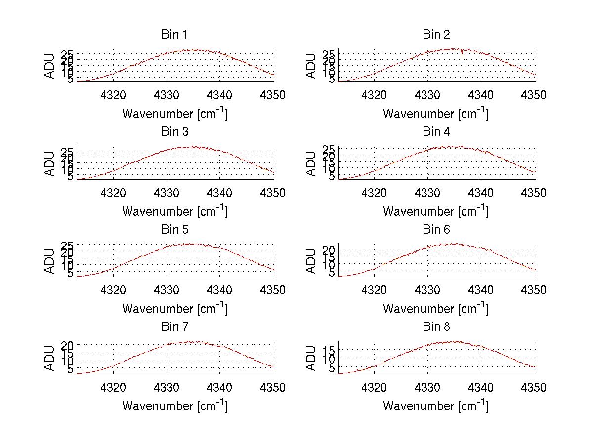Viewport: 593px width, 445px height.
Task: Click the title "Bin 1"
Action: pos(174,35)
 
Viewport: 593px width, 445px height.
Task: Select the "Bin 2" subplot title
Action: pos(436,35)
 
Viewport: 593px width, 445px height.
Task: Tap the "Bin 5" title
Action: pos(174,230)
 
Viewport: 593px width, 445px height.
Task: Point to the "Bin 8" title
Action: pos(436,327)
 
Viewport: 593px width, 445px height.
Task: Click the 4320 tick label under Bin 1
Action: pos(114,95)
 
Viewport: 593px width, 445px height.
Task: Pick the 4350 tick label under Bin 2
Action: pos(534,95)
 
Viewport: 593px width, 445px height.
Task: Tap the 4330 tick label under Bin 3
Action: pos(167,193)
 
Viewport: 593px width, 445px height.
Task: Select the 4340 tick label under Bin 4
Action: pos(481,193)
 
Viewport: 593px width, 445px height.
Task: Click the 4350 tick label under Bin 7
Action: pos(273,388)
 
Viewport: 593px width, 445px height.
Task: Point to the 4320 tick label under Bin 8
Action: pos(375,388)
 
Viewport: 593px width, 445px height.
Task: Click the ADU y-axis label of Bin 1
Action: pos(50,66)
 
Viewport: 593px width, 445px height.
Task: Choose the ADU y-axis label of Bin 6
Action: pos(311,261)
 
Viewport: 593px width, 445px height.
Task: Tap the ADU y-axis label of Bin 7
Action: pos(50,359)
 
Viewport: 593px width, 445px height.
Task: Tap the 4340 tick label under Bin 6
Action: pos(481,290)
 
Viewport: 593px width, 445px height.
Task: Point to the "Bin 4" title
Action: pos(436,132)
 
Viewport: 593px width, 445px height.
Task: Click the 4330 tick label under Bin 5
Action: pos(167,290)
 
